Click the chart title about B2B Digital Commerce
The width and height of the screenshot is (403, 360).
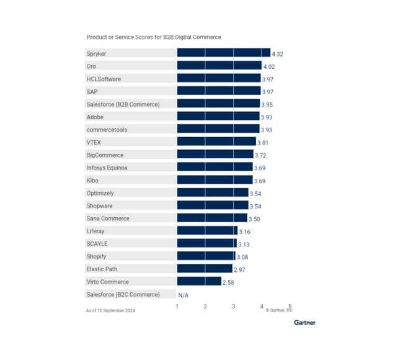[153, 37]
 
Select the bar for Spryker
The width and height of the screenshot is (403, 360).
[223, 53]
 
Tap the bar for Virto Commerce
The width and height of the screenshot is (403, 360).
[199, 281]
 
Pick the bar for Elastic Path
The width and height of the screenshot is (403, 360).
[205, 269]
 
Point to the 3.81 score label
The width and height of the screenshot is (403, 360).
[263, 142]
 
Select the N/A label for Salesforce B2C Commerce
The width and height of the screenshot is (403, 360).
[184, 295]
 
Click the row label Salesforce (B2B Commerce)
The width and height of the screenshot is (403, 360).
[123, 104]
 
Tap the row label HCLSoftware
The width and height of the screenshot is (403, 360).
[104, 79]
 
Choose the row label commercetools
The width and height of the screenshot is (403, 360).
[105, 130]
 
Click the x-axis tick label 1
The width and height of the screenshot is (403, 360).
[177, 307]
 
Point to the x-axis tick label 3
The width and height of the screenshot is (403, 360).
[234, 307]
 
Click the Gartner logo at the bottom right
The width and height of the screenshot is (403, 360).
[304, 322]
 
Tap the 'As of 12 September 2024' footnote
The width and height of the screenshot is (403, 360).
[110, 310]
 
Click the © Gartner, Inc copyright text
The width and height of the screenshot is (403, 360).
[279, 310]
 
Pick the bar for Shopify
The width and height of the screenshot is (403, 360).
[206, 256]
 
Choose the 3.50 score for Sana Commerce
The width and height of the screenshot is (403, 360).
[255, 218]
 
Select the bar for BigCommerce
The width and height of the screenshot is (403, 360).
[215, 155]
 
